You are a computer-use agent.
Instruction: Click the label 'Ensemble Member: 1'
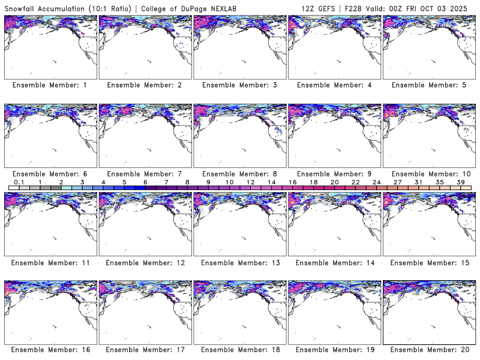point(50,85)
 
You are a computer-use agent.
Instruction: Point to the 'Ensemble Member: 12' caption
point(144,263)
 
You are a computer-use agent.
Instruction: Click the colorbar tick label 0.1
point(19,182)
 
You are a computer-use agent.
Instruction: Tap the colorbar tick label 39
point(461,182)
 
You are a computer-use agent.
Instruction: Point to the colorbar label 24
point(377,182)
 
